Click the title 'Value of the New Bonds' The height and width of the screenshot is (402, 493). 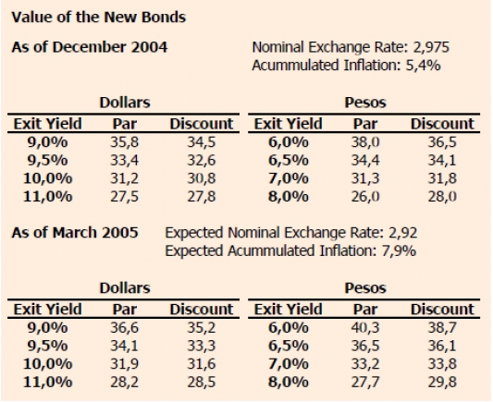click(x=99, y=18)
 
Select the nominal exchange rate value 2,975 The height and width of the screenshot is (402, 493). click(x=431, y=47)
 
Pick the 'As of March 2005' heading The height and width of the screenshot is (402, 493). click(x=75, y=233)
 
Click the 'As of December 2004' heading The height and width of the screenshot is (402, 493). click(x=90, y=47)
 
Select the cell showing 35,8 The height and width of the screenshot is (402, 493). click(x=124, y=142)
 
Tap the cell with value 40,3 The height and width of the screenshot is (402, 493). click(x=365, y=328)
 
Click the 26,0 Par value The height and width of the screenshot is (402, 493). click(x=365, y=197)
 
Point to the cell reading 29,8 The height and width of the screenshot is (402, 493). click(x=442, y=383)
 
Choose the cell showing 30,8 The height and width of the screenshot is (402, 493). click(x=202, y=178)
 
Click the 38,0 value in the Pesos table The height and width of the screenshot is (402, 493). click(x=365, y=142)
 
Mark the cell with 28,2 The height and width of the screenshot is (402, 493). click(x=124, y=383)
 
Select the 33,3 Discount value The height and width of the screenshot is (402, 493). click(x=202, y=347)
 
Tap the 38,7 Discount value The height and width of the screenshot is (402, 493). click(x=442, y=328)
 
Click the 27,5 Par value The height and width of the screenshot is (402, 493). click(x=124, y=197)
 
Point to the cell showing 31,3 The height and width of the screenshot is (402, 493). click(x=365, y=178)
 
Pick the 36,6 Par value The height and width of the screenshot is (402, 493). click(x=124, y=328)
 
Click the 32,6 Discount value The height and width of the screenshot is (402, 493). click(x=202, y=161)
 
